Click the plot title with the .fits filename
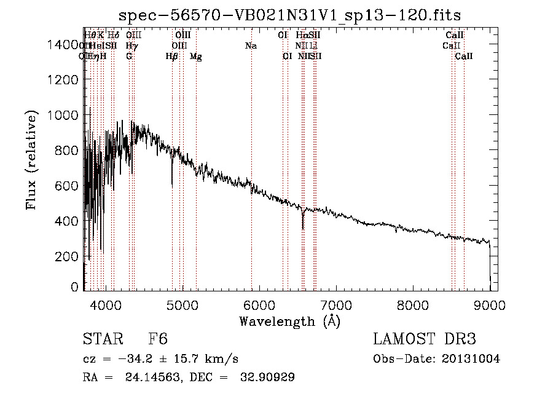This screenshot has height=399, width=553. (x=289, y=14)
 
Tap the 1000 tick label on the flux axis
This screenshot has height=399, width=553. (x=63, y=115)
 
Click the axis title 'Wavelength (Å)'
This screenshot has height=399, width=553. (x=289, y=321)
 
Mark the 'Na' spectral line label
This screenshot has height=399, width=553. (x=251, y=45)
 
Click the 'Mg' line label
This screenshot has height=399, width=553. (x=196, y=57)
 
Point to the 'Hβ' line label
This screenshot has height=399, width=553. (x=172, y=57)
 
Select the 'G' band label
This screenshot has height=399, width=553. (x=129, y=56)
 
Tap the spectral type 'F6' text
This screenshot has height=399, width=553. (x=158, y=340)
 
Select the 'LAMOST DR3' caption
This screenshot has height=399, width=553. (x=425, y=340)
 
